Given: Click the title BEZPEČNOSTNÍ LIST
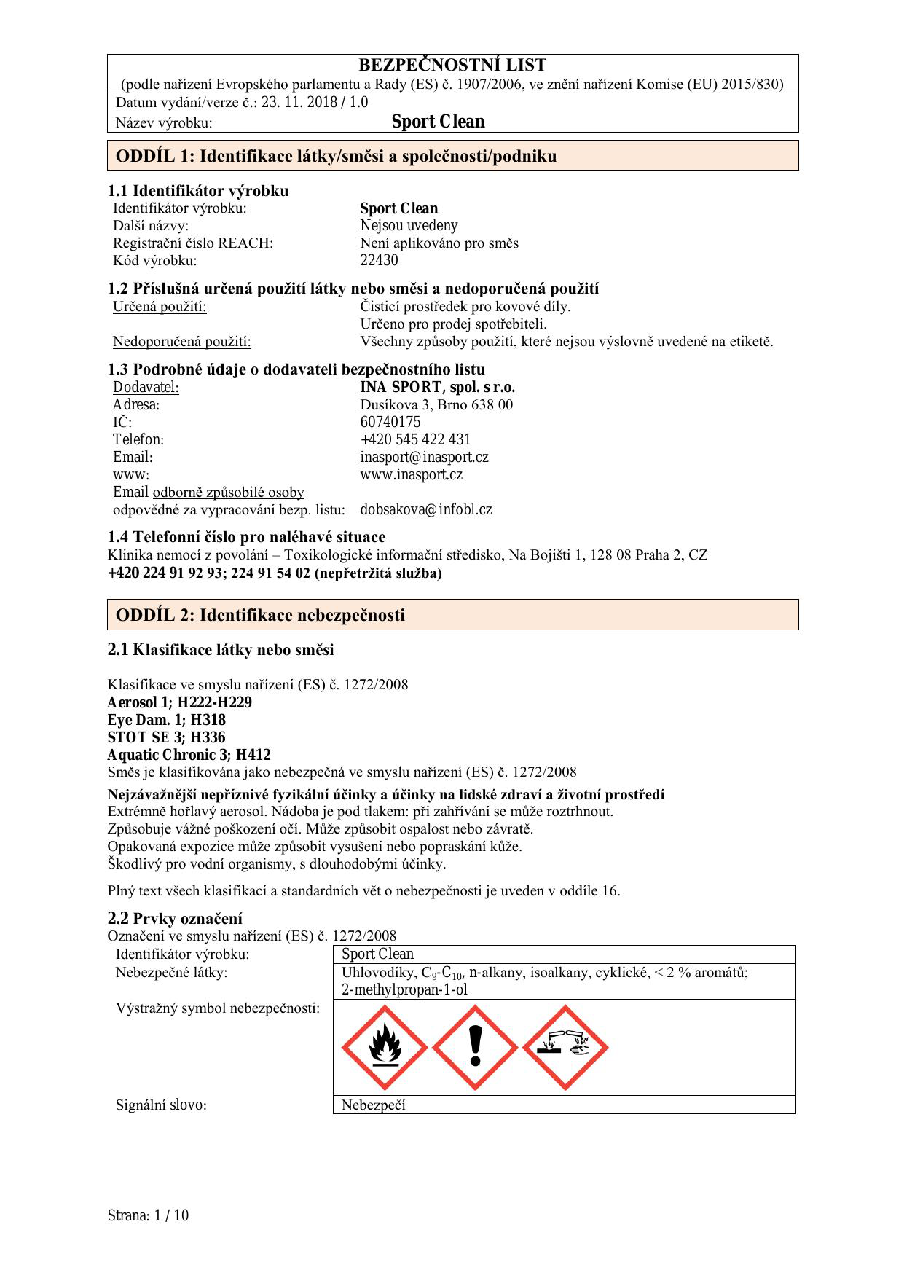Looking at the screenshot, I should [x=452, y=66].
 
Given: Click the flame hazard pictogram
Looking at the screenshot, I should [x=384, y=1047].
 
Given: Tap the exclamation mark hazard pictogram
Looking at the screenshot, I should [x=475, y=1047].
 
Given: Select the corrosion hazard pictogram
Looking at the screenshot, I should [x=565, y=1047].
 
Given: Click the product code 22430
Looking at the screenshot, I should [x=379, y=260].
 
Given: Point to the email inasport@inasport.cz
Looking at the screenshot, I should [x=424, y=457].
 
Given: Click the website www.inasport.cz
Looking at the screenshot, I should [x=411, y=474].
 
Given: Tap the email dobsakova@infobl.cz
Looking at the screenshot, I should [x=426, y=509].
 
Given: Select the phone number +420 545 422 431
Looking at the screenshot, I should [x=415, y=439].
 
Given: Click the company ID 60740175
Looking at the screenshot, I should [x=390, y=422].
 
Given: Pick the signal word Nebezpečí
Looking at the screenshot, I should [x=373, y=1105].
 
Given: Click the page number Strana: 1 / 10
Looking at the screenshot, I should [x=148, y=1215].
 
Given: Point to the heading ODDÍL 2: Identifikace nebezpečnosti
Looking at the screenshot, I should [x=260, y=615].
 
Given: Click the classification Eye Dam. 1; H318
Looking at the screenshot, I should [x=166, y=720].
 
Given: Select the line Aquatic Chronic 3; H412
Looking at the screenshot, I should [x=189, y=755].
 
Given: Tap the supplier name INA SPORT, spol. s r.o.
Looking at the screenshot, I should [x=437, y=387].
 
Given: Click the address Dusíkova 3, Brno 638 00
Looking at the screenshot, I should [x=436, y=404].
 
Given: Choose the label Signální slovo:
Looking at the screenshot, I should [x=161, y=1105].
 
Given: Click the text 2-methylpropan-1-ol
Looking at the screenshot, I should [x=404, y=989].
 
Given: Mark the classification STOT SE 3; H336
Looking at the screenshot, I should [x=166, y=737].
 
